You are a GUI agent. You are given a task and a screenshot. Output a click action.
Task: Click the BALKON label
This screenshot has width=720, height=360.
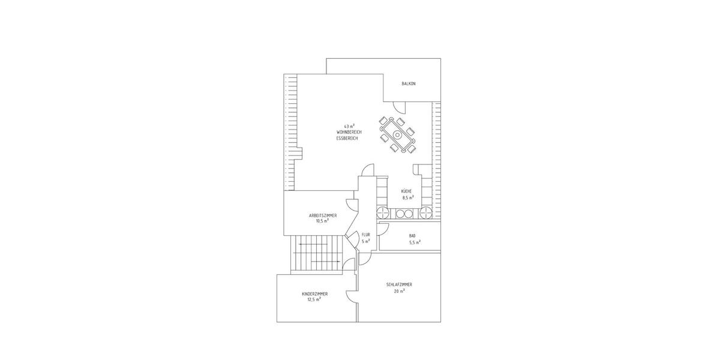tap(409, 83)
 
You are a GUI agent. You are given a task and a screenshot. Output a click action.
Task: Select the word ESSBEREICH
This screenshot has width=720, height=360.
tap(347, 138)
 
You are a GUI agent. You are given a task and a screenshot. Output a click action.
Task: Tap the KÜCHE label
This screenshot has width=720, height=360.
tap(407, 191)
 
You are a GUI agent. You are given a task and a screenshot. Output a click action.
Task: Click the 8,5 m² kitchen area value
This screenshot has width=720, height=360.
tap(408, 197)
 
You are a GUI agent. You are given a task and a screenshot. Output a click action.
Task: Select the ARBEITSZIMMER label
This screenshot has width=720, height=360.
tap(322, 215)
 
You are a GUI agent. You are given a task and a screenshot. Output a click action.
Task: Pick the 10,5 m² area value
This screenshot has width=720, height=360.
tap(322, 220)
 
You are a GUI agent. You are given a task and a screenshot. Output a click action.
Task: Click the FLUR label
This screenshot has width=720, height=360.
tap(365, 235)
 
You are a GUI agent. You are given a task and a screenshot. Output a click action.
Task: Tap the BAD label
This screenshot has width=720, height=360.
tap(412, 235)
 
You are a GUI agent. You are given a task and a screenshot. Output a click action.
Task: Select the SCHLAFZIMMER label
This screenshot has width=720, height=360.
tap(399, 284)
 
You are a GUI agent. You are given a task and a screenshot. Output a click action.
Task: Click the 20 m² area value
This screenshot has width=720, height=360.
tap(399, 291)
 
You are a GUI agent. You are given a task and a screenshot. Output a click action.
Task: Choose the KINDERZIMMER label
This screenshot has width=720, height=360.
tap(314, 293)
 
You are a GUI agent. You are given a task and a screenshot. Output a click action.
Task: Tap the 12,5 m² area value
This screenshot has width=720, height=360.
tap(314, 299)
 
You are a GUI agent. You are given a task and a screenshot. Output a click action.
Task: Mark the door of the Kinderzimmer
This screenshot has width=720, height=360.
tap(350, 295)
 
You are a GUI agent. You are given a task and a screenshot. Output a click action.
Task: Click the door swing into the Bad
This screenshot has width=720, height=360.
tap(385, 226)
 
